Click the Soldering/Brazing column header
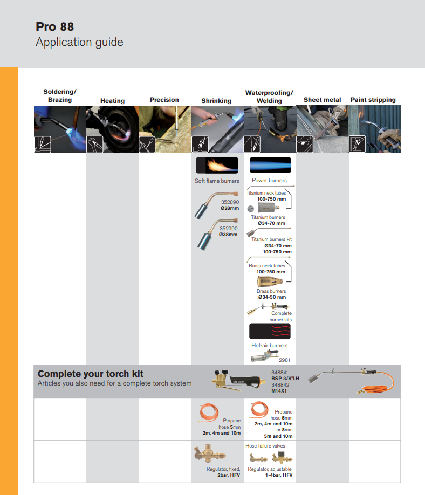(x=60, y=96)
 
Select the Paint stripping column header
(x=373, y=100)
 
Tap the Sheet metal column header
(x=322, y=100)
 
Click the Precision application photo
(x=165, y=129)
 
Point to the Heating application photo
(x=112, y=129)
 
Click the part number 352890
(x=229, y=202)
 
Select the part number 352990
(x=229, y=229)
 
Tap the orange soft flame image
(x=216, y=165)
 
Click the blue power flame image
(x=270, y=165)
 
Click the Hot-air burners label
(x=270, y=346)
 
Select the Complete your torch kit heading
(x=91, y=374)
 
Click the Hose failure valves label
(x=265, y=446)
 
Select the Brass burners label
(x=271, y=291)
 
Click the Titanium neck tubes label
(x=266, y=193)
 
